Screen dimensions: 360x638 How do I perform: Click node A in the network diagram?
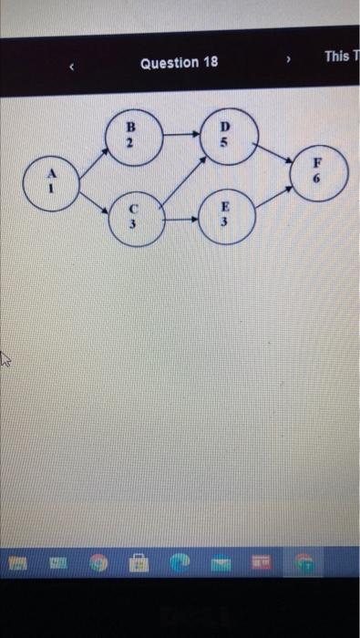51,183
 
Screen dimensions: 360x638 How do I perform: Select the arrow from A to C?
92,203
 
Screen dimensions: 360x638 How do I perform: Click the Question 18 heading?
180,63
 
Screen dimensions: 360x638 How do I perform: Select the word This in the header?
336,57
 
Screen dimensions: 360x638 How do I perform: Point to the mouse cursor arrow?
5,359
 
